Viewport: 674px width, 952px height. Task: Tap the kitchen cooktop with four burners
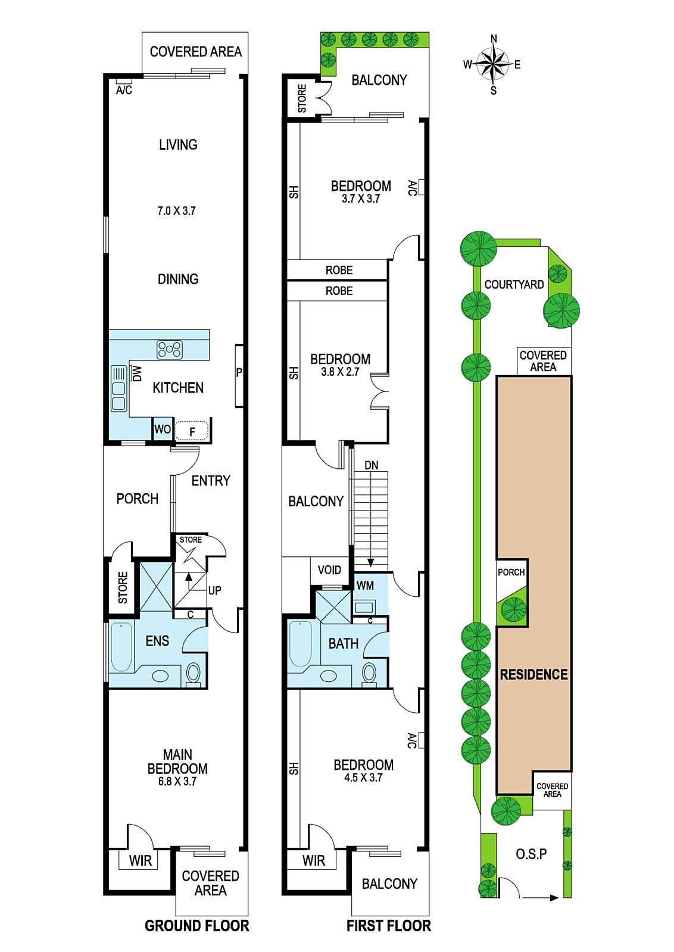[170, 350]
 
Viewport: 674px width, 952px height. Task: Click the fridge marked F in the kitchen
[192, 431]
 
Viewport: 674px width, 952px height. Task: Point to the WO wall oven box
[163, 429]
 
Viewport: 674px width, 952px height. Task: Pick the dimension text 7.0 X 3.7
[176, 211]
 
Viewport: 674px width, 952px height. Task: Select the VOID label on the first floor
[330, 570]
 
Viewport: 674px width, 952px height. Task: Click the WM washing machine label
[365, 585]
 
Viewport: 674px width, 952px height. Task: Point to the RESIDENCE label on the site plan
[533, 675]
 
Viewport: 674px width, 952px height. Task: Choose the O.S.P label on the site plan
[531, 853]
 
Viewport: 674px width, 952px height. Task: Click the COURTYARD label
[514, 285]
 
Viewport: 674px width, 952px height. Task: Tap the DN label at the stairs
[371, 465]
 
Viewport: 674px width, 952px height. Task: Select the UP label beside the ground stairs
[215, 590]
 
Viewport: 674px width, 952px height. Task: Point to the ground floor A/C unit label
[124, 90]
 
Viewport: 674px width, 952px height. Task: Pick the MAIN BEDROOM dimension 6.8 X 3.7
[177, 781]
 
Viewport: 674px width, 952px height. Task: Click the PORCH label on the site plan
[511, 572]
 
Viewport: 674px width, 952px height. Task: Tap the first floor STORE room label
[302, 98]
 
